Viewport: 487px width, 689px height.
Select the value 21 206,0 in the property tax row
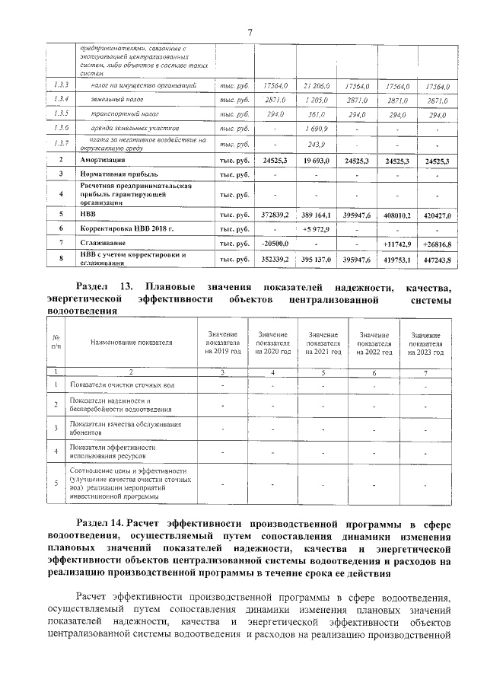pyautogui.click(x=314, y=87)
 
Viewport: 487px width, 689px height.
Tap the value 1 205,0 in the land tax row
pyautogui.click(x=314, y=100)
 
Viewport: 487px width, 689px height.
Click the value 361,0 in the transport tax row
pyautogui.click(x=314, y=115)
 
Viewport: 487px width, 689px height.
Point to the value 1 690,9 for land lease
pyautogui.click(x=314, y=129)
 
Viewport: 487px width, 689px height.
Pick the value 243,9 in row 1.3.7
pyautogui.click(x=314, y=143)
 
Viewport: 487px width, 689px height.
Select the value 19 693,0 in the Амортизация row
pyautogui.click(x=314, y=161)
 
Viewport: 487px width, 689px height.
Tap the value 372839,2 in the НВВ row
pyautogui.click(x=273, y=216)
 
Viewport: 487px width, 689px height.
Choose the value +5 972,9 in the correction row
pyautogui.click(x=314, y=229)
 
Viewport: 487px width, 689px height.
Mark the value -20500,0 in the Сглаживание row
pyautogui.click(x=272, y=244)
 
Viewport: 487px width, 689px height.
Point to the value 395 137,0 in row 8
pyautogui.click(x=314, y=260)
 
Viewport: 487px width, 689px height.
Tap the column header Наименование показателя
pyautogui.click(x=131, y=343)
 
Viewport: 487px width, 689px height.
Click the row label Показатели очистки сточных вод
pyautogui.click(x=117, y=384)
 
